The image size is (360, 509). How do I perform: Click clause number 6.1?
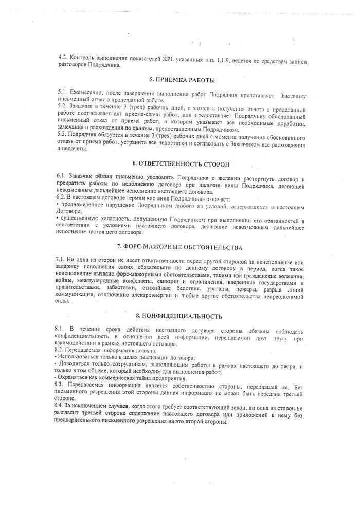click(x=62, y=176)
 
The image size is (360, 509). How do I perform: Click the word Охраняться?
click(x=77, y=377)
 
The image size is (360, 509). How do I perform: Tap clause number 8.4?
click(x=61, y=406)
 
